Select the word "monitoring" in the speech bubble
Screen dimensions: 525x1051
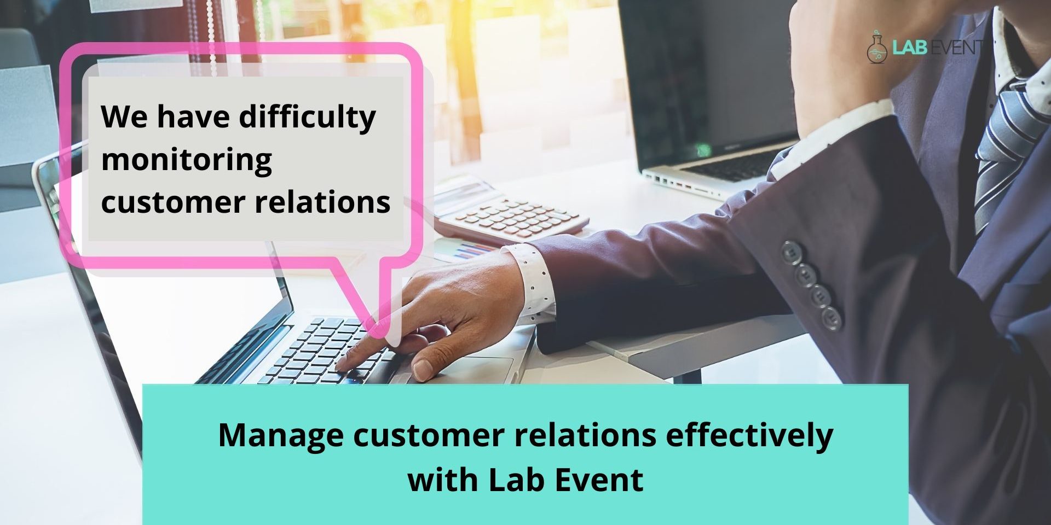[x=187, y=160]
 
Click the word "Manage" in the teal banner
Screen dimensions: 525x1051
[x=281, y=436]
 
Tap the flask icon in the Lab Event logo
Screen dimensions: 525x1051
[x=877, y=48]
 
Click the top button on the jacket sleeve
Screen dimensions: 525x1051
[x=791, y=252]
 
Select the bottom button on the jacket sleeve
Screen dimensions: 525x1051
[x=831, y=318]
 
